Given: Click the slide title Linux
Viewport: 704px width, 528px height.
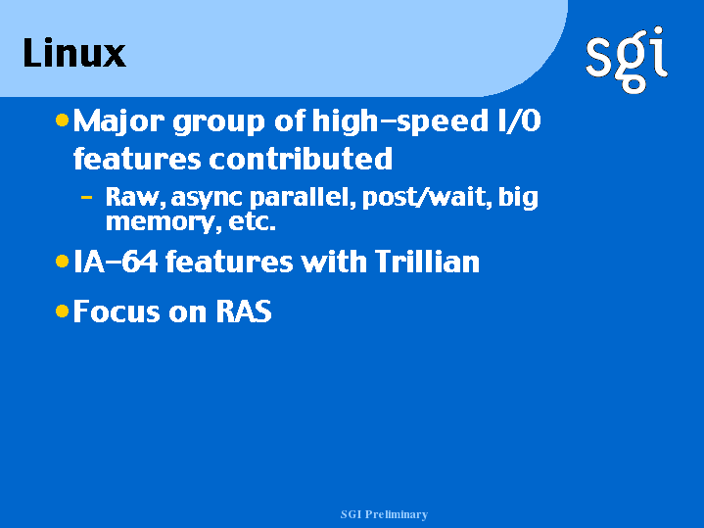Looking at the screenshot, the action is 74,53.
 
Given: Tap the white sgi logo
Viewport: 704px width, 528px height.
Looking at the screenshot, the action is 627,60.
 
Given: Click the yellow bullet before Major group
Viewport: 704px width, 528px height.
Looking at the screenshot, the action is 62,120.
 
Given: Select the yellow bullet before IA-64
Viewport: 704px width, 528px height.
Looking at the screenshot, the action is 62,262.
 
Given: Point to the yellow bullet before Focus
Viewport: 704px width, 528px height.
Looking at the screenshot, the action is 62,311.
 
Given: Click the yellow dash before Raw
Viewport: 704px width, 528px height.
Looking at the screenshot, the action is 86,197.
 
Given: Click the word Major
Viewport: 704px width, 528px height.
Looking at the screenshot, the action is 119,121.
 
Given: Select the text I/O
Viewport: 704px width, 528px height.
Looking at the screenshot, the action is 520,120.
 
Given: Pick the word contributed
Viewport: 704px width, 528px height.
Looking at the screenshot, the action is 301,159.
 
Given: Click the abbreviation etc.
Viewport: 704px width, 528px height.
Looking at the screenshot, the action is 252,221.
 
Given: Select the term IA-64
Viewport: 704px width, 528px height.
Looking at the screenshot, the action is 116,262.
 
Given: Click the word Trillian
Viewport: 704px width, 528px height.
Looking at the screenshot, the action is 427,262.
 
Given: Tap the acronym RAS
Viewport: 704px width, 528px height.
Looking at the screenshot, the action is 244,311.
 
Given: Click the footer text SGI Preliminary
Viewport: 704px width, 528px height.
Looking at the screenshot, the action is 384,514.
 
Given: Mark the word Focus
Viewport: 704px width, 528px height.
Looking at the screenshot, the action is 117,311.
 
